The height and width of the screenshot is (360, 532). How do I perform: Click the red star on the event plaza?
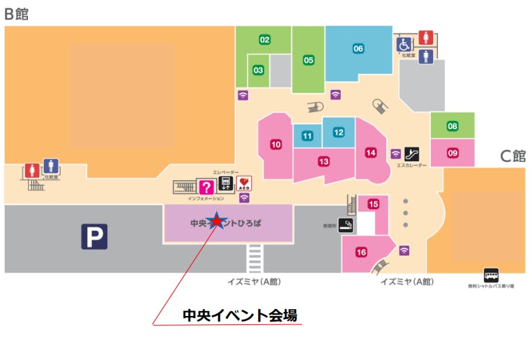[217, 221]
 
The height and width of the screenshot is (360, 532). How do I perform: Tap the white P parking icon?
[94, 237]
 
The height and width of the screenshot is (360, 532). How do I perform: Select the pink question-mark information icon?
[206, 186]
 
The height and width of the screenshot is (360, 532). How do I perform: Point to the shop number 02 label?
[265, 40]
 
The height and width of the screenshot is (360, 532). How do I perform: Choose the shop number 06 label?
[358, 48]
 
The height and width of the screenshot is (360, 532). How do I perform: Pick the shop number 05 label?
[308, 60]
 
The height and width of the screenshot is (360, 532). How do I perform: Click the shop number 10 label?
[276, 144]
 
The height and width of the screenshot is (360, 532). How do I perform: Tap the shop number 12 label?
[338, 132]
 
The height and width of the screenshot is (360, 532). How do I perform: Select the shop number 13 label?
[324, 161]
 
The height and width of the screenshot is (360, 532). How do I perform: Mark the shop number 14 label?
[370, 152]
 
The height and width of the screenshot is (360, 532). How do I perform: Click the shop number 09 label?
[453, 152]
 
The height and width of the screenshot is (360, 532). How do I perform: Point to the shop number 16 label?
[361, 252]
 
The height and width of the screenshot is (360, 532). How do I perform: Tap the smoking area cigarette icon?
[346, 225]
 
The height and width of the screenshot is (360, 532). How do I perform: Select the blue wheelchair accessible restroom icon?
[404, 45]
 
